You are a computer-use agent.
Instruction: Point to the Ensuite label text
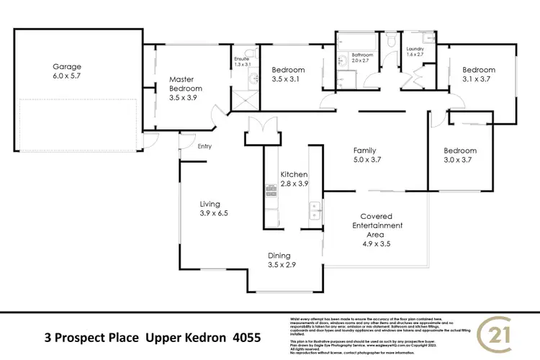pos(241,58)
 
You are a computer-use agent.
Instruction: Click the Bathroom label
pos(362,55)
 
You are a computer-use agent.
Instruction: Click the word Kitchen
pos(294,174)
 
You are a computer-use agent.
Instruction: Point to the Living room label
pos(210,204)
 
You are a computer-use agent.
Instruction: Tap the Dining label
pos(279,255)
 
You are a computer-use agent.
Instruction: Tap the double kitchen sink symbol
pos(315,210)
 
